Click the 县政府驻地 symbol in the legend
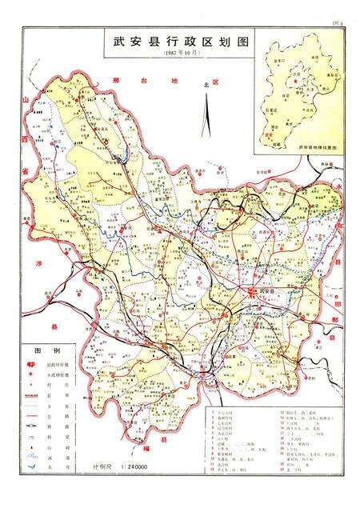pyautogui.click(x=33, y=364)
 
